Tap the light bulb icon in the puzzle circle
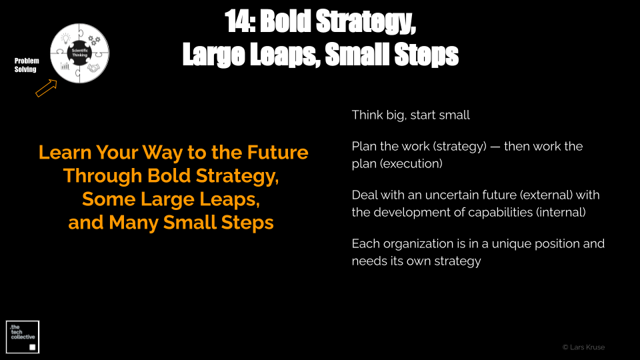[x=66, y=39]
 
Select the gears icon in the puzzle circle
[x=94, y=39]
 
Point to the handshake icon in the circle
[x=93, y=68]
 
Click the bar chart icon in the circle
[x=65, y=66]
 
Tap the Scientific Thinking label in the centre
[x=79, y=53]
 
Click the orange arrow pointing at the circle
[x=46, y=88]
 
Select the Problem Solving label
[x=27, y=65]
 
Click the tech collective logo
[x=23, y=337]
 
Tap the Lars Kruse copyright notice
[x=584, y=347]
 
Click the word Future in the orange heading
[x=277, y=152]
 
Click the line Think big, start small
[x=411, y=115]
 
